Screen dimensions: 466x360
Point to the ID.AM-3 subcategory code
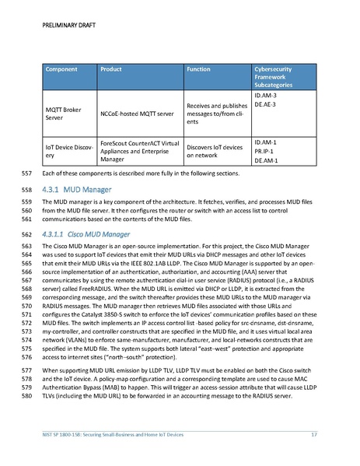click(266, 96)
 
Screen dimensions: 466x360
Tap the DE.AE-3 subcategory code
click(266, 104)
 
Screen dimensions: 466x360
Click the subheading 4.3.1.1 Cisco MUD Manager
click(86, 233)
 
